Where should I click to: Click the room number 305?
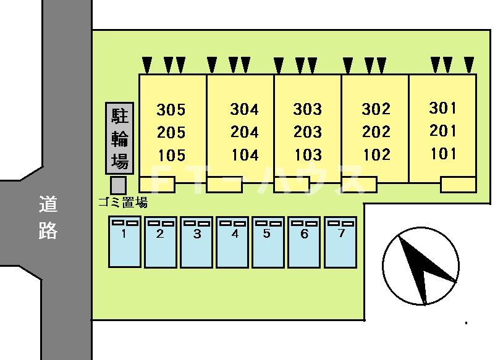point(171,110)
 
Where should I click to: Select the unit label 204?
point(245,132)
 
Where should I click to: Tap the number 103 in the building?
point(308,155)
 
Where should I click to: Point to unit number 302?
point(376,109)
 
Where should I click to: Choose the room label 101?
point(443,154)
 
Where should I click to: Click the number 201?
point(442,131)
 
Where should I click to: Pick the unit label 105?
point(172,156)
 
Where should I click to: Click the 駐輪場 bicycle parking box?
point(120,138)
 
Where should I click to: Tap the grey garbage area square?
point(118,185)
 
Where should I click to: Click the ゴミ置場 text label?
point(123,203)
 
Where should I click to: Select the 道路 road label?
point(48,217)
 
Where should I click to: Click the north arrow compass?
point(421,266)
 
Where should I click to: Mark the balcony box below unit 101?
point(458,185)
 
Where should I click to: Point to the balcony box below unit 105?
point(157,185)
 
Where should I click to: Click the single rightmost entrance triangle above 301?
point(469,64)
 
